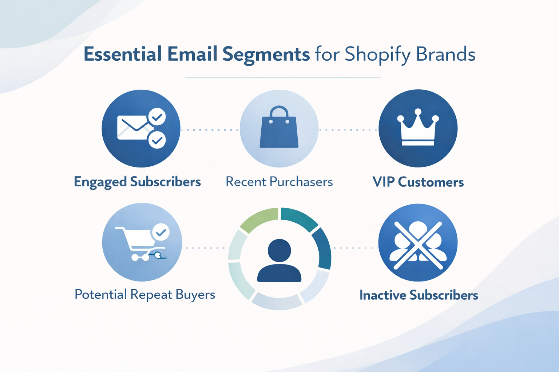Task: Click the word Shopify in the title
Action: (x=377, y=54)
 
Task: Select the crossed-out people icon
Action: (x=418, y=242)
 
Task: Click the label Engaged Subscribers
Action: (x=137, y=182)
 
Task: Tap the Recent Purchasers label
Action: (x=279, y=182)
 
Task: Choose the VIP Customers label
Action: (x=418, y=182)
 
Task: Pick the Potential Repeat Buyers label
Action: (x=144, y=295)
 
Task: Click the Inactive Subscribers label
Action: (x=419, y=295)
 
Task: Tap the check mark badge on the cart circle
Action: (x=160, y=232)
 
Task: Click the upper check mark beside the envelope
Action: (x=157, y=117)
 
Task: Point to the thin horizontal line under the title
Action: (x=282, y=78)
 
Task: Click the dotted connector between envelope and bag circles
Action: (x=210, y=130)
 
